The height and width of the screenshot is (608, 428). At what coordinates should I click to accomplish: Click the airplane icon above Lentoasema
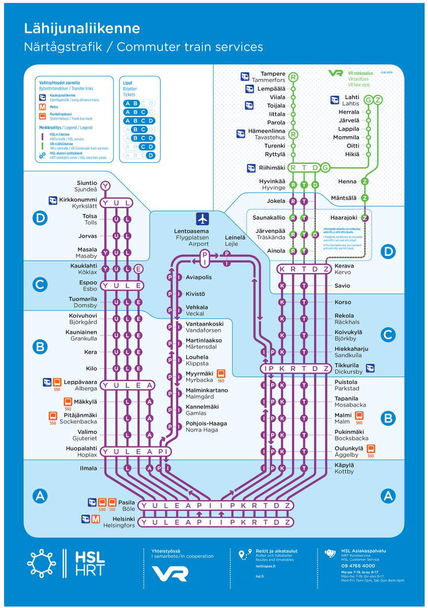[x=202, y=219]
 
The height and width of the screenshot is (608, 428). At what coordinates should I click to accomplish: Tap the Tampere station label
[x=273, y=74]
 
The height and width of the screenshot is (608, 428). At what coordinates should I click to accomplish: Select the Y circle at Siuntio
[x=105, y=186]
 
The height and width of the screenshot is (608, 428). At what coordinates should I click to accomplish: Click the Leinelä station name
[x=235, y=237]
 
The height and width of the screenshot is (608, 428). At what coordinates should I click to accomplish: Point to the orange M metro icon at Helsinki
[x=96, y=519]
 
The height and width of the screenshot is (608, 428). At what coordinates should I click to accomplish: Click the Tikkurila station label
[x=347, y=365]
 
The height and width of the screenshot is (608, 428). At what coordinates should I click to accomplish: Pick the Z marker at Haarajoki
[x=365, y=218]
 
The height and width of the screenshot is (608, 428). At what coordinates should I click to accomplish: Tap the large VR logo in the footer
[x=170, y=573]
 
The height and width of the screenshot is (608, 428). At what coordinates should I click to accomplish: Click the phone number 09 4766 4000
[x=358, y=565]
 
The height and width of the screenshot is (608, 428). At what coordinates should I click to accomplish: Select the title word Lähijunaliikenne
[x=82, y=29]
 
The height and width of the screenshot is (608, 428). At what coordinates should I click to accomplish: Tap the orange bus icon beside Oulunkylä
[x=371, y=448]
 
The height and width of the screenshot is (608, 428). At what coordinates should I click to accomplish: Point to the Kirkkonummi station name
[x=78, y=200]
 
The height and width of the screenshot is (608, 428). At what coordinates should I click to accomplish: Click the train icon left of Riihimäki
[x=251, y=168]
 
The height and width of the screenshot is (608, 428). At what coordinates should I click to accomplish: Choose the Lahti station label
[x=352, y=97]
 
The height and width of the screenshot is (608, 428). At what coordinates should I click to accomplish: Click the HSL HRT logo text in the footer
[x=90, y=563]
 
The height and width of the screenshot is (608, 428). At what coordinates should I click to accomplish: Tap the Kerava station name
[x=344, y=265]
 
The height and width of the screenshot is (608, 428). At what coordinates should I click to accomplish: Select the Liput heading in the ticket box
[x=129, y=83]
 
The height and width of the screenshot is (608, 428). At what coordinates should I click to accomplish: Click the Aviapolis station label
[x=199, y=278]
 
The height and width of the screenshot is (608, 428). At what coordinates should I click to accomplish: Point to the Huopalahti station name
[x=81, y=448]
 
